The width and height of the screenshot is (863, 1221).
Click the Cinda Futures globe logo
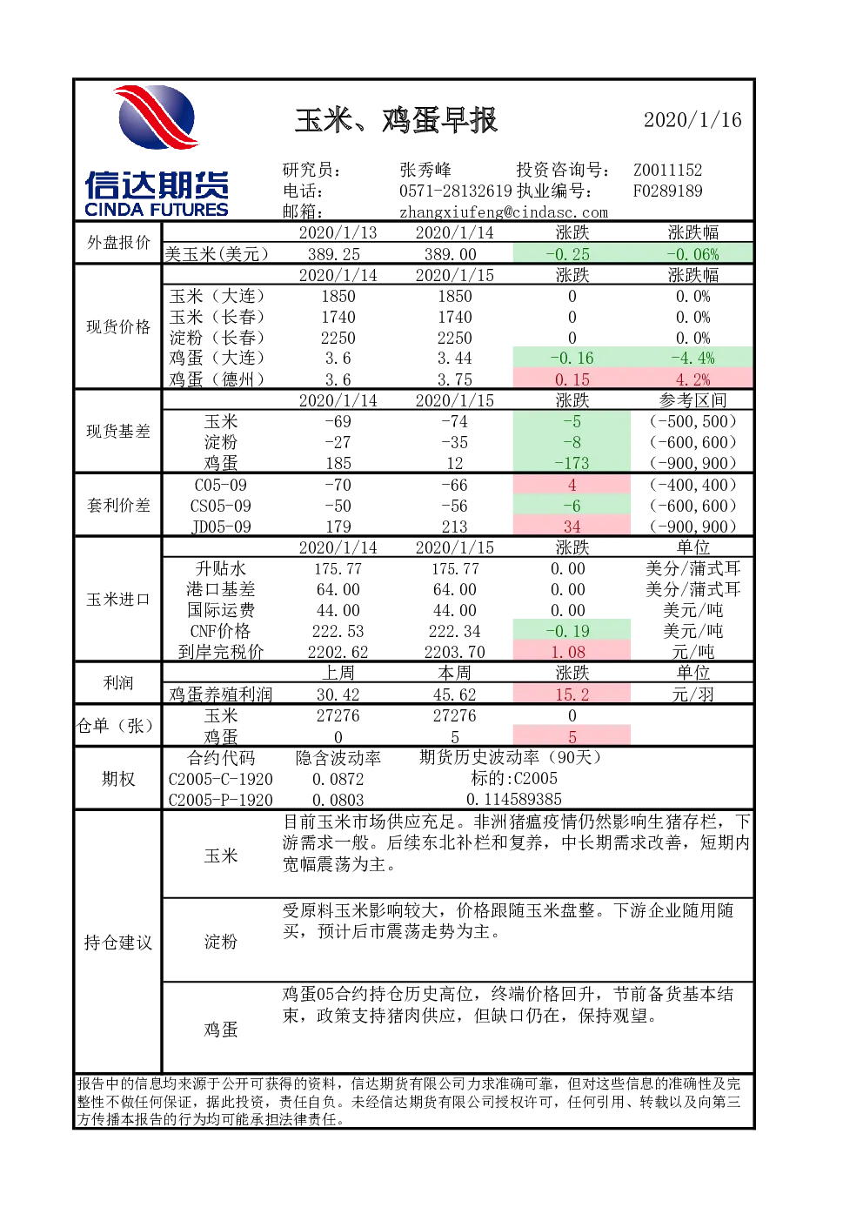click(x=157, y=117)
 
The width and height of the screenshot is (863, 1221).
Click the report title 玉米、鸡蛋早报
click(x=396, y=120)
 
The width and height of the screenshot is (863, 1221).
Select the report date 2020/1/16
click(x=692, y=120)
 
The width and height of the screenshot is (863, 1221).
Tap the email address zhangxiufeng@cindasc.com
click(x=504, y=212)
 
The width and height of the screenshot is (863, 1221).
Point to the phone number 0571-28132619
click(x=456, y=191)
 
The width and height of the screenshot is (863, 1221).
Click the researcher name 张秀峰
click(x=425, y=170)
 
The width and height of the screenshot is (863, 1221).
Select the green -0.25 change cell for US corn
click(x=572, y=254)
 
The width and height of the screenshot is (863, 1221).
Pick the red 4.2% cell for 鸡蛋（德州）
click(x=692, y=379)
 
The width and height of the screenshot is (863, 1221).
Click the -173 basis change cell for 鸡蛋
click(x=572, y=463)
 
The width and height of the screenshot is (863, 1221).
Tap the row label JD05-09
click(x=221, y=527)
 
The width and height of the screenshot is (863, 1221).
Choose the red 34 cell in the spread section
click(x=572, y=527)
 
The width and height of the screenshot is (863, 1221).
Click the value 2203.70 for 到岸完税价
click(x=454, y=652)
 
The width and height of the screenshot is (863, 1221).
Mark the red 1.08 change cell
click(x=572, y=652)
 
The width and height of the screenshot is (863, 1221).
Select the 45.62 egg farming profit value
click(x=454, y=694)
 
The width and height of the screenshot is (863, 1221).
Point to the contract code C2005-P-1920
click(x=221, y=800)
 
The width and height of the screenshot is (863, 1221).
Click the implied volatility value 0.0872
click(x=338, y=779)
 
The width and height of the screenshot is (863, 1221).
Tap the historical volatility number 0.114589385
click(x=514, y=800)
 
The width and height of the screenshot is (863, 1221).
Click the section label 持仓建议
click(x=117, y=943)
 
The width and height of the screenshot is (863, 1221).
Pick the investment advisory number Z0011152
click(x=667, y=170)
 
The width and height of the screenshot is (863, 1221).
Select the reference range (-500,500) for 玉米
click(x=692, y=421)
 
